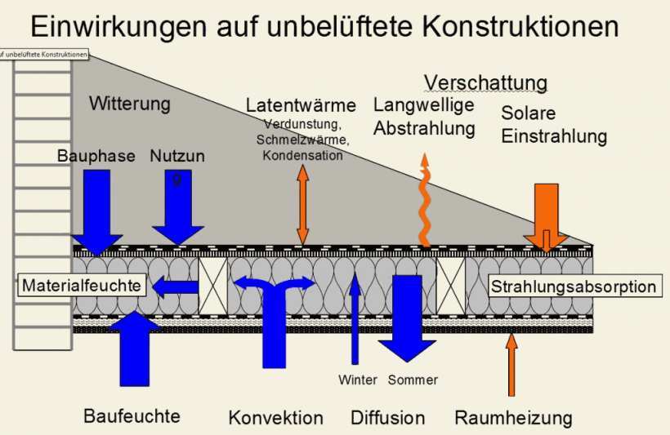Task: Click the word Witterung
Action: (x=130, y=104)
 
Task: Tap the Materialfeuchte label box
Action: (x=83, y=286)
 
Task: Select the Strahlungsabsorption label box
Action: (x=573, y=286)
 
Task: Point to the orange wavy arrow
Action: (x=424, y=199)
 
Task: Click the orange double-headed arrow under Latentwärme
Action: (x=303, y=204)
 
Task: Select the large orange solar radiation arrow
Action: (x=545, y=214)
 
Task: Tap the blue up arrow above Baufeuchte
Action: (x=134, y=347)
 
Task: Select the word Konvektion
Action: (x=275, y=418)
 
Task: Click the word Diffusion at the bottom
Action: (x=388, y=418)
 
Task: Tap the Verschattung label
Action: (x=485, y=83)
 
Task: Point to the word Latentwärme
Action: (x=301, y=105)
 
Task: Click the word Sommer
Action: (x=413, y=380)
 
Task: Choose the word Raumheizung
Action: (x=513, y=418)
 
